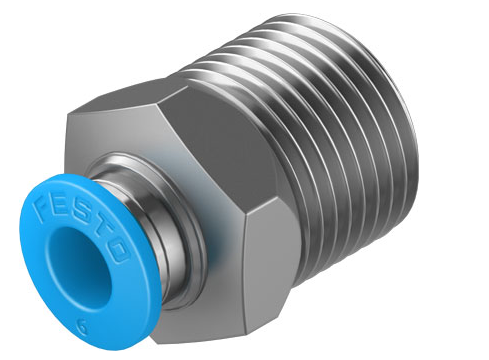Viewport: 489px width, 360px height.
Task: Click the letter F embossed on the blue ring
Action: tap(43, 209)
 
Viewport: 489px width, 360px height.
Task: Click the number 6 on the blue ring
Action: tap(82, 326)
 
